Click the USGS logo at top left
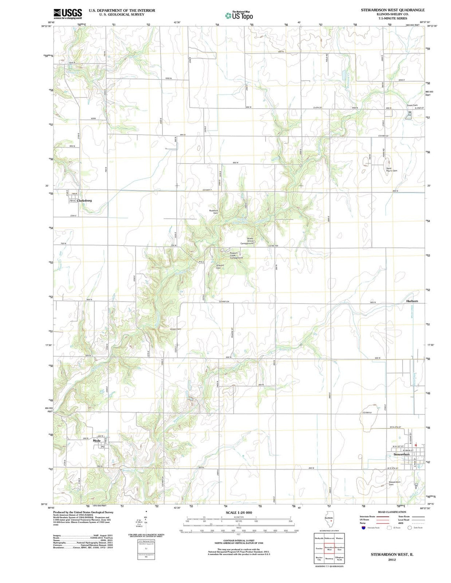coord(68,13)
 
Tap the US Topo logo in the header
coord(239,16)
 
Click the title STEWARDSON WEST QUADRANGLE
coord(393,10)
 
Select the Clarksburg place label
coord(84,200)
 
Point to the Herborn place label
coord(412,301)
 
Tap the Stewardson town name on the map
coord(401,454)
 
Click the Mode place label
coord(97,441)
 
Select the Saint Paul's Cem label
coord(392,170)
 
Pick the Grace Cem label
coord(412,105)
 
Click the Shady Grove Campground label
coord(247,241)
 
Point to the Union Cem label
coord(175,329)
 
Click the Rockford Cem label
coord(213,212)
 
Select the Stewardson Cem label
coord(395,483)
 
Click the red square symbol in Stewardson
coord(416,445)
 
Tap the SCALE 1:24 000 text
coord(239,512)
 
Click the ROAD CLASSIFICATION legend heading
coord(392,512)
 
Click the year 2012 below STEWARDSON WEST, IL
coord(392,560)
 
